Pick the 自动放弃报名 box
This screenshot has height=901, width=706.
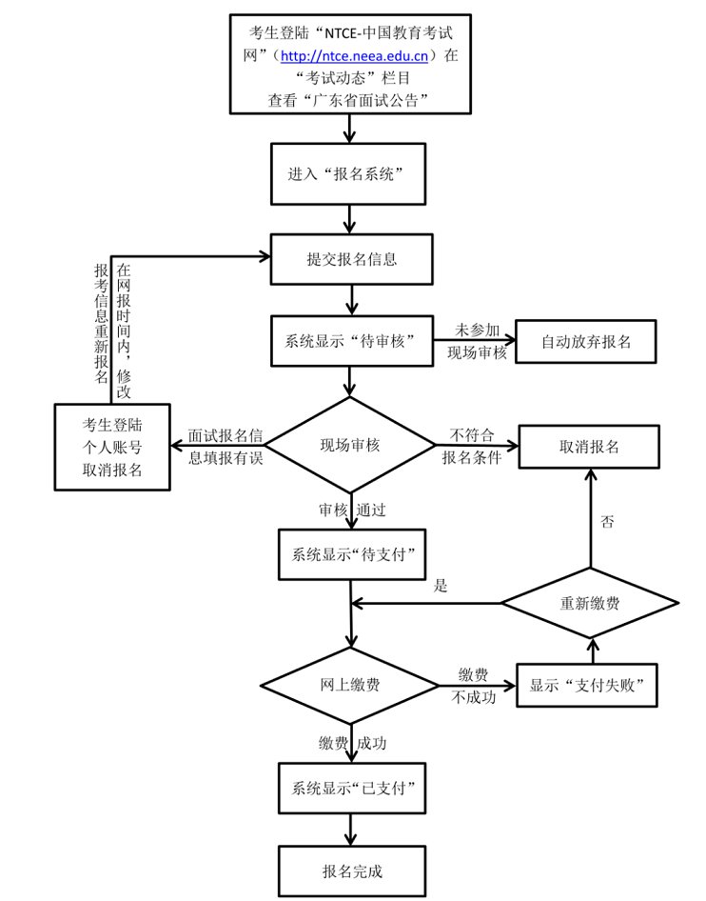pos(586,341)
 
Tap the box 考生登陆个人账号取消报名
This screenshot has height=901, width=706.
pos(113,446)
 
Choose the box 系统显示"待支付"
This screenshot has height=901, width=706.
pos(351,554)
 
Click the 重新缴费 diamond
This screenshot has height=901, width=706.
pos(590,603)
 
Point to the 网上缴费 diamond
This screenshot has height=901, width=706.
pos(352,686)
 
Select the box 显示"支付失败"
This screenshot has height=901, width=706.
pos(587,685)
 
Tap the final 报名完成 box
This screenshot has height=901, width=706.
pos(351,870)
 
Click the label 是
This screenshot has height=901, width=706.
pos(441,587)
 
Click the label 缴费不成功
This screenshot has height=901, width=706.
pos(473,686)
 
